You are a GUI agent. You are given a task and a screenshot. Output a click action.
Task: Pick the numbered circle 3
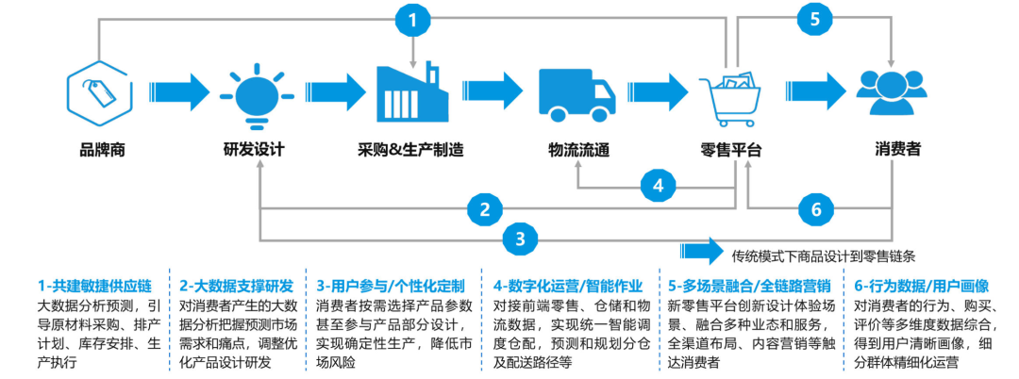coord(518,239)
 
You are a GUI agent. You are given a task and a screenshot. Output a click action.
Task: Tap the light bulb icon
coord(253,95)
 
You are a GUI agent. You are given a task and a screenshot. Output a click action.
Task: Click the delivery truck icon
coord(576,95)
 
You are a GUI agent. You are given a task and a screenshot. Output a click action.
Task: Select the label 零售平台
coord(731,149)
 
